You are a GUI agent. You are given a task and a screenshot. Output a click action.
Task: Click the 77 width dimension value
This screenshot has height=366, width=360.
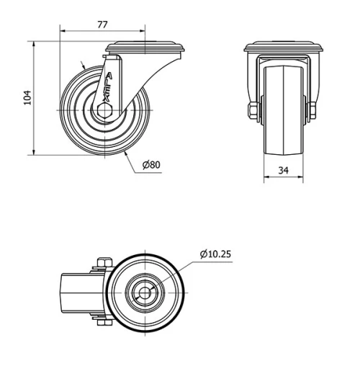coord(102,24)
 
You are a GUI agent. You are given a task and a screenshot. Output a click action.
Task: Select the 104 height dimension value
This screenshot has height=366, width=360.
coord(27,97)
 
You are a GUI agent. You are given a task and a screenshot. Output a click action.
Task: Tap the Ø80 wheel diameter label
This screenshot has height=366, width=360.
coord(151,164)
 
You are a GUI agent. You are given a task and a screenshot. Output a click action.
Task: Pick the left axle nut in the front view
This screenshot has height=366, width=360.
coord(253,110)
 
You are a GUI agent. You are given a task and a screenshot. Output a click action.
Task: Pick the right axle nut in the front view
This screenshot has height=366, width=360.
coord(312,110)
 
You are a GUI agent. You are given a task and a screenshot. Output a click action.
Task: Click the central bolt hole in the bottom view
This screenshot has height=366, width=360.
coord(146,293)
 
